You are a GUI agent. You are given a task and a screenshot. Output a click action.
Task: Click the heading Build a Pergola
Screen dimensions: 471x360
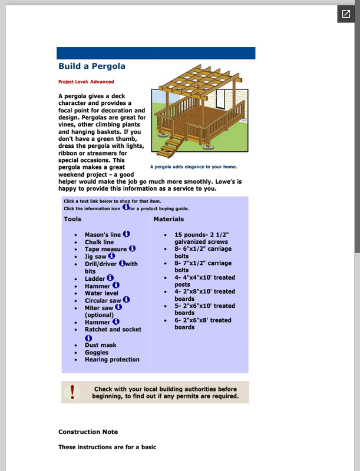91,67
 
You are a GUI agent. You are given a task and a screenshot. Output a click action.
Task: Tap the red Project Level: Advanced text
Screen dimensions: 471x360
86,82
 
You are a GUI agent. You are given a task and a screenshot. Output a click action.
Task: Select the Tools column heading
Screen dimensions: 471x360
72,219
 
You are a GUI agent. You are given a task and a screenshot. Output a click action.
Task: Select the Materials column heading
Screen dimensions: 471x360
169,219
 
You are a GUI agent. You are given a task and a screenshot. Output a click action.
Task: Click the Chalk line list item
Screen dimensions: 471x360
99,242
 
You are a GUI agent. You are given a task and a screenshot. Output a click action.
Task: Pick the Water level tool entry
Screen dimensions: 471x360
101,293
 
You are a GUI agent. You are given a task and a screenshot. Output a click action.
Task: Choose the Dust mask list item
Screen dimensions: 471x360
100,345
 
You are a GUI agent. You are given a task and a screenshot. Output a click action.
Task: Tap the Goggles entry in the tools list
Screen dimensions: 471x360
96,353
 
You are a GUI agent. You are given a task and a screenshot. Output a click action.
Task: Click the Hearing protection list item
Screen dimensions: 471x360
112,360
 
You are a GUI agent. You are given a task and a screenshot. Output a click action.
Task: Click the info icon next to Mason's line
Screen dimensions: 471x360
126,234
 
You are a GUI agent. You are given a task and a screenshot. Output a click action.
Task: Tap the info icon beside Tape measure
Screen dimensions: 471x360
132,248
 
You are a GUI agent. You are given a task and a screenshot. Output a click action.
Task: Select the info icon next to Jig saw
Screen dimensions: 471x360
112,256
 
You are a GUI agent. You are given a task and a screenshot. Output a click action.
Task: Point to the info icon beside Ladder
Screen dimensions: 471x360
110,278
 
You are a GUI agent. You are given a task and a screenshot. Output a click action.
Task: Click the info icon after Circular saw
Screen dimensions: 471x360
126,300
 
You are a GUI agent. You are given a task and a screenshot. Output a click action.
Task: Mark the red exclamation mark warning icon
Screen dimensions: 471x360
73,392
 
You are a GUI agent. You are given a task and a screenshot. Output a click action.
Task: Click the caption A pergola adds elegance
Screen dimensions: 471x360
193,167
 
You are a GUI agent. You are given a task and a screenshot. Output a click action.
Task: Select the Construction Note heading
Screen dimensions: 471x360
88,432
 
